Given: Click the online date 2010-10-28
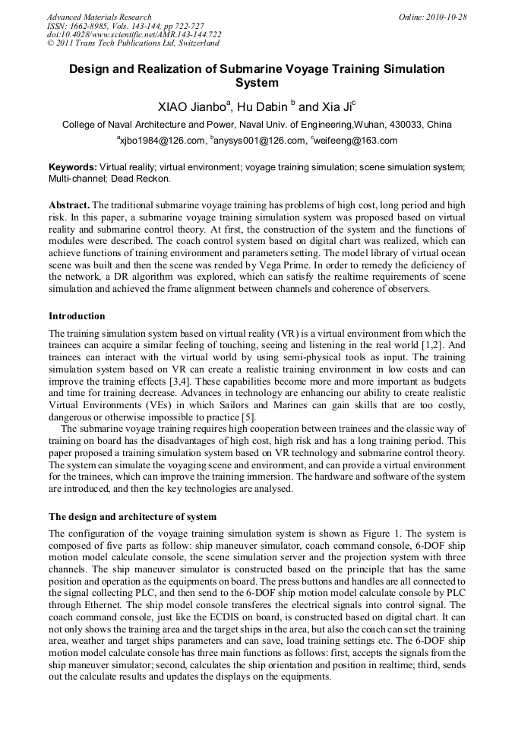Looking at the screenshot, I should coord(448,17).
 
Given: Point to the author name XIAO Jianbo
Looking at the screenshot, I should coord(189,106).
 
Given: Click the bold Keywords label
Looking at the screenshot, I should coord(73,166).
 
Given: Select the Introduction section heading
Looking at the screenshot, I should coord(77,315).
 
